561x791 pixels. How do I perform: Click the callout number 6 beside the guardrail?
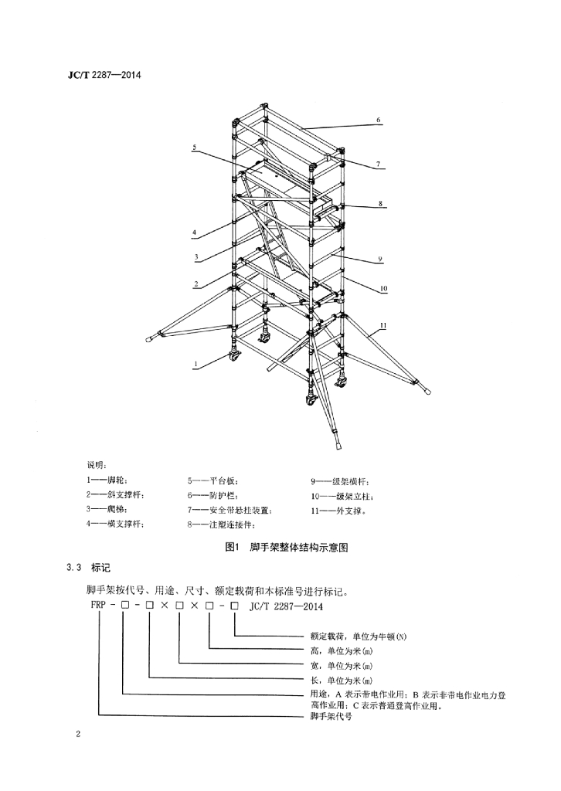(379, 120)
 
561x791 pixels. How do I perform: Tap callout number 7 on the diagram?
(379, 165)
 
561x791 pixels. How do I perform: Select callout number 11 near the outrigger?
(383, 326)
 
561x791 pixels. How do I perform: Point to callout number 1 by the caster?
(195, 363)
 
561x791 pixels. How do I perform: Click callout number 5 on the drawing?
(194, 148)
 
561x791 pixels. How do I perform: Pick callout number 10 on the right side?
(383, 289)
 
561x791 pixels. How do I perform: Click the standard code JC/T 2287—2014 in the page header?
(104, 75)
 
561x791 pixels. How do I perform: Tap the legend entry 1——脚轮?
(104, 480)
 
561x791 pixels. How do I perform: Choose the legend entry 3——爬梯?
(104, 510)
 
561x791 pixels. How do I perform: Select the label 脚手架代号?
(331, 716)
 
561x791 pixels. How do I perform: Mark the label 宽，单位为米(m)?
(342, 665)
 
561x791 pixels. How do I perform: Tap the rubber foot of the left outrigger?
(151, 339)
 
